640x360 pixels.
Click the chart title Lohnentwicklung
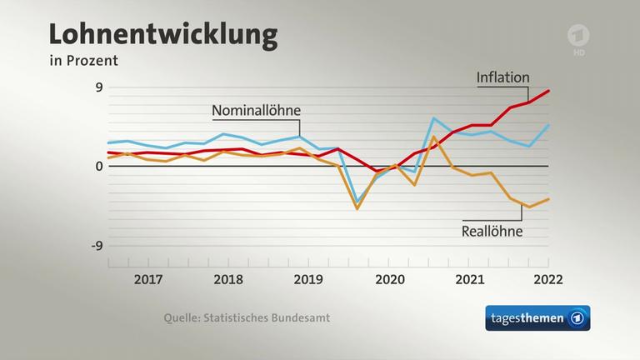click(162, 35)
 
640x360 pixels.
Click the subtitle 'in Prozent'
click(83, 61)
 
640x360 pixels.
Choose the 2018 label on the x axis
click(228, 279)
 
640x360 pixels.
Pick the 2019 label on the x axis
click(308, 279)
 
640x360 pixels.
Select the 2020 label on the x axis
click(387, 279)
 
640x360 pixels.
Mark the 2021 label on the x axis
click(467, 279)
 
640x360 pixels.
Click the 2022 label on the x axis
click(547, 279)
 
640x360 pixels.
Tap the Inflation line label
click(502, 77)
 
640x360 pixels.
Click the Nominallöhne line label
click(256, 111)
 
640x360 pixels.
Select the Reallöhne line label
click(492, 231)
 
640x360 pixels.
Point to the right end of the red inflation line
click(548, 91)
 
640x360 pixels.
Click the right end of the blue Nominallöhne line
click(548, 125)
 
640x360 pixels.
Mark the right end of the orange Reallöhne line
click(548, 199)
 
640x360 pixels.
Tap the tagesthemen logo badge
click(537, 318)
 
